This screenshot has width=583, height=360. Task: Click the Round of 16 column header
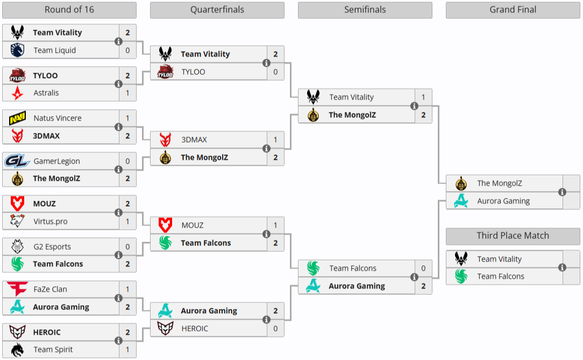click(69, 10)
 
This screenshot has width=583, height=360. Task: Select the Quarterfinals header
click(217, 10)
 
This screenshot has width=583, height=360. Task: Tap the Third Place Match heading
click(513, 236)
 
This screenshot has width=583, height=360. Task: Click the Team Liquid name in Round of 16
click(54, 50)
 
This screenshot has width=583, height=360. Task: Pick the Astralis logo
click(17, 93)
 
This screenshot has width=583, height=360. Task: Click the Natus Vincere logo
click(17, 118)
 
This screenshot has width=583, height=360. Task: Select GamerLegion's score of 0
click(127, 161)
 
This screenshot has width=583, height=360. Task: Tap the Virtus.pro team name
click(51, 221)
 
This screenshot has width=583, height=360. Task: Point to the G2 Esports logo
click(17, 246)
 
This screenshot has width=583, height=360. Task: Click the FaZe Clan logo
click(17, 289)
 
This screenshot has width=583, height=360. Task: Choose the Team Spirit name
click(53, 349)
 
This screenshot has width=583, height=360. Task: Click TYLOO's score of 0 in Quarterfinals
click(275, 72)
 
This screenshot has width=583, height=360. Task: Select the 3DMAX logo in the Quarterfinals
click(166, 139)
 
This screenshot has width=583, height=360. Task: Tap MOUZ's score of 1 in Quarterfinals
click(275, 225)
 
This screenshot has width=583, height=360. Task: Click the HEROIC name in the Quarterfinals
click(195, 328)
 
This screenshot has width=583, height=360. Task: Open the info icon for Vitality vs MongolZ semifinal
click(414, 106)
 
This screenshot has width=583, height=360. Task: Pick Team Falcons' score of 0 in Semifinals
click(423, 268)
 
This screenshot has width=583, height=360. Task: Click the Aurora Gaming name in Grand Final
click(503, 201)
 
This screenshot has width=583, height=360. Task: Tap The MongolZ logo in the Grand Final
click(461, 183)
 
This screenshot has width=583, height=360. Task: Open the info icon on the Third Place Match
click(562, 267)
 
